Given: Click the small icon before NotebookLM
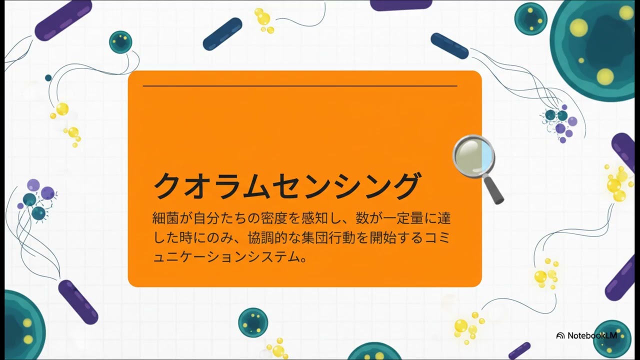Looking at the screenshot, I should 560,335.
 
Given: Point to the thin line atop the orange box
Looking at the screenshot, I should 300,86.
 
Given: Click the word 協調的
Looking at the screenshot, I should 268,238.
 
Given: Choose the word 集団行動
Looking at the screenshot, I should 333,238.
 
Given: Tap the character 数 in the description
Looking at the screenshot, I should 362,218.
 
